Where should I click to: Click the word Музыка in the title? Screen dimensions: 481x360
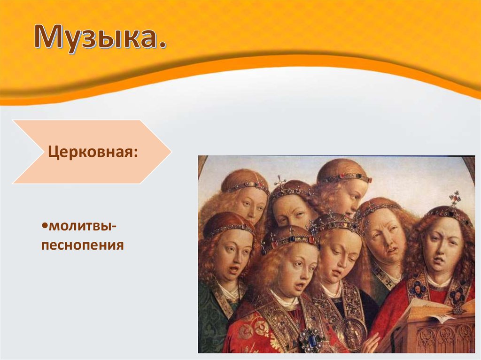(x=96, y=37)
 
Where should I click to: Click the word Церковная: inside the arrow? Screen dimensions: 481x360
(x=93, y=152)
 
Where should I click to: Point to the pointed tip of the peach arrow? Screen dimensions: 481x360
(x=171, y=152)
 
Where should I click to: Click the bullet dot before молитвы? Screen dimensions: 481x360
(x=45, y=226)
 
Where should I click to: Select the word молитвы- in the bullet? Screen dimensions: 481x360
(x=83, y=227)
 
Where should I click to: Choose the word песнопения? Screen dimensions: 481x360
(x=83, y=245)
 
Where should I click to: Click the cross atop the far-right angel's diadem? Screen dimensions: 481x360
(x=454, y=198)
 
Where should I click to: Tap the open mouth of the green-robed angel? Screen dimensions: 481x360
(x=234, y=269)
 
